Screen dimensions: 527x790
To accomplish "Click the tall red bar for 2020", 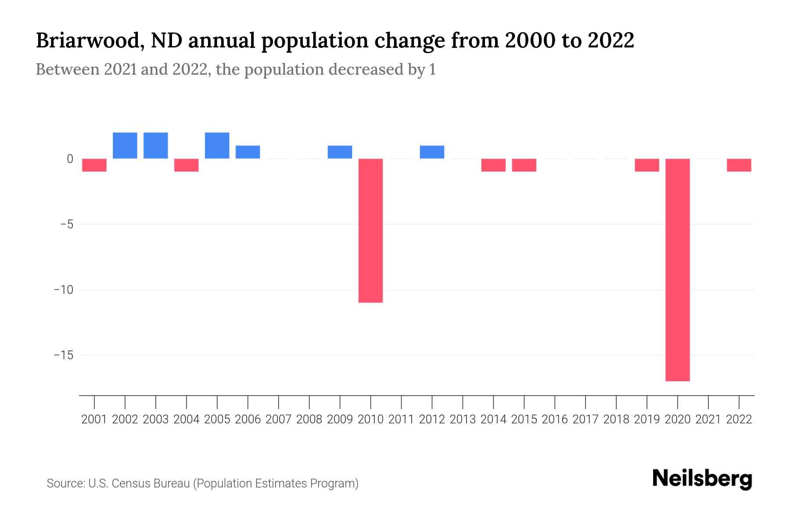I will (x=678, y=270).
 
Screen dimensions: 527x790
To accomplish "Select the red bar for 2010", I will (x=370, y=231).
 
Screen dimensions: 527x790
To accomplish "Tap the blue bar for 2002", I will (x=125, y=145).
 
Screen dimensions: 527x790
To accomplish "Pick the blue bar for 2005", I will (x=217, y=145).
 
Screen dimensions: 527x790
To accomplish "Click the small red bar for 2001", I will (x=94, y=165).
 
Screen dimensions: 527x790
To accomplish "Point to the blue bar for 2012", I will (x=432, y=152).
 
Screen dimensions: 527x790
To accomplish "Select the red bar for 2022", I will (x=739, y=165).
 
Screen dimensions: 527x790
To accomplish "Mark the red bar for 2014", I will (x=493, y=165).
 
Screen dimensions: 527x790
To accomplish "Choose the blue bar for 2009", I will (x=340, y=152).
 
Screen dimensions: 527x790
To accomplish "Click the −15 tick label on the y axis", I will (x=64, y=355).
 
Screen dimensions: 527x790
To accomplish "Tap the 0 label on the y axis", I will (x=70, y=159).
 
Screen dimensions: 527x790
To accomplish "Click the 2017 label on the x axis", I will (x=585, y=419).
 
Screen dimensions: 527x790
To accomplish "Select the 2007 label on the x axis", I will (x=279, y=419).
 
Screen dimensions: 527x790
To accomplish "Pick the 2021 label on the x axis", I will (x=708, y=419).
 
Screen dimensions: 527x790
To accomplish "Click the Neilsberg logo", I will (x=702, y=479).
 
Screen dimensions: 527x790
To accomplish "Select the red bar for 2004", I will (x=187, y=165).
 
